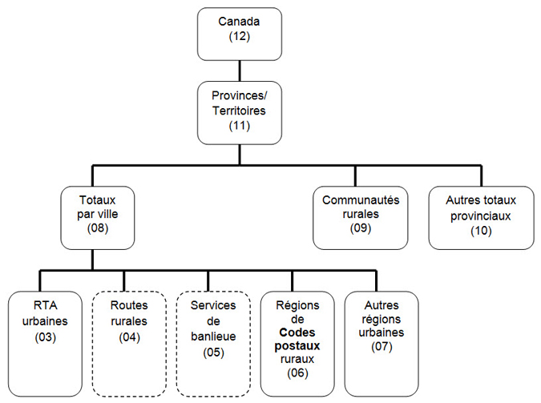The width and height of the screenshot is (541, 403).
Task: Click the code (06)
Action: tap(297, 373)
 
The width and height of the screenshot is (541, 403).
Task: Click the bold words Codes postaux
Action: tap(297, 341)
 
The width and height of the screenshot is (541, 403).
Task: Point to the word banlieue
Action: tap(213, 337)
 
